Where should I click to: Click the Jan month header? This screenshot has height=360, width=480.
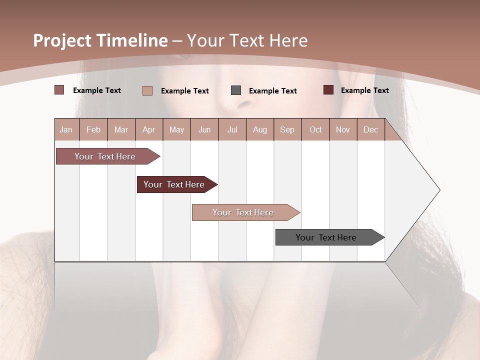click(x=66, y=129)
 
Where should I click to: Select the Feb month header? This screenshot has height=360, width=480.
click(x=93, y=129)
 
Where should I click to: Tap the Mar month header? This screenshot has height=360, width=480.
click(x=121, y=129)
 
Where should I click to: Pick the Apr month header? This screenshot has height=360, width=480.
click(x=149, y=129)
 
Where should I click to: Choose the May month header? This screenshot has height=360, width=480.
click(x=176, y=129)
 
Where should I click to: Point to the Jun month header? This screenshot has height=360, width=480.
click(x=204, y=129)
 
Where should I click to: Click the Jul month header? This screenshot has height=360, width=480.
click(x=232, y=129)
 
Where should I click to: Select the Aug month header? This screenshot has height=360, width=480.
click(x=260, y=129)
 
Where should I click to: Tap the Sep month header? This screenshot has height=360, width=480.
click(x=287, y=129)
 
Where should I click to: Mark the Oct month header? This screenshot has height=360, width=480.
click(x=315, y=129)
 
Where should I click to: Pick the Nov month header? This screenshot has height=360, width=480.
click(x=343, y=129)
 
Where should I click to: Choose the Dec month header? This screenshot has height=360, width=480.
click(x=371, y=129)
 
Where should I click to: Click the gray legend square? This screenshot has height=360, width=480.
click(x=236, y=90)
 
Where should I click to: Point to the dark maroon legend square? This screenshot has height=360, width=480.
click(x=328, y=90)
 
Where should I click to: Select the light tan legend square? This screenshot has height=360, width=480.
click(x=147, y=90)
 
